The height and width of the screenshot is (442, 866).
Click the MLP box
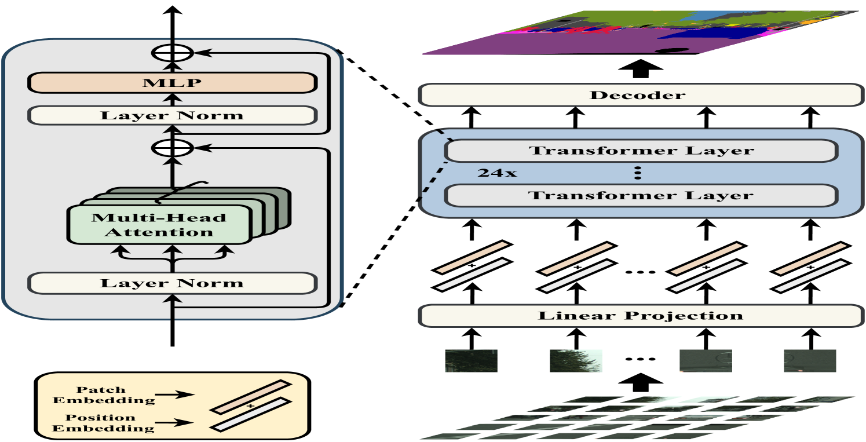[x=172, y=82]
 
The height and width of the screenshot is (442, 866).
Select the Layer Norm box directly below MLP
[x=172, y=115]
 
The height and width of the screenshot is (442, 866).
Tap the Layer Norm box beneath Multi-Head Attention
[x=172, y=283]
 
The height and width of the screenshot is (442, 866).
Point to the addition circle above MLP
[x=172, y=53]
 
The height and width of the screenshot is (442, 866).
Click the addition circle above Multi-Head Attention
[x=172, y=148]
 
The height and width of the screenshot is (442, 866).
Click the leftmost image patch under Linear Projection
[x=471, y=360]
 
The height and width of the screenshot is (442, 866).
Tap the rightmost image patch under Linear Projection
[x=809, y=360]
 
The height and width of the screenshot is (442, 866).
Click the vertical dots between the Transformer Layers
[x=638, y=173]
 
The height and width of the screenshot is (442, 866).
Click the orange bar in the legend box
[x=250, y=396]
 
